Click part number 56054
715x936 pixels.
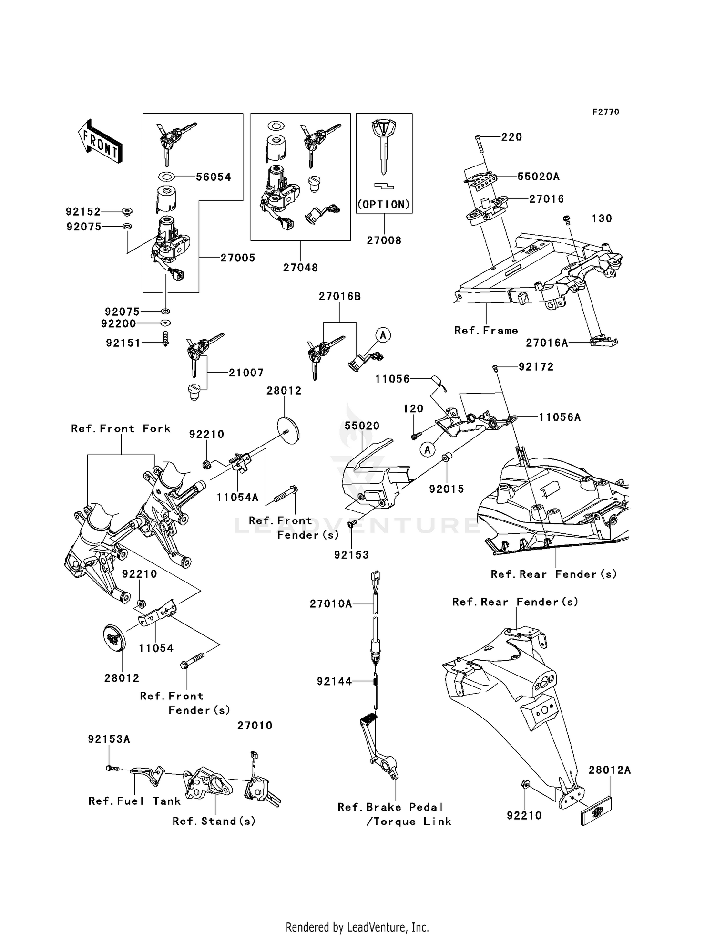[x=214, y=177]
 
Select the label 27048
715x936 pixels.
[x=300, y=268]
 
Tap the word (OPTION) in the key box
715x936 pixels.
[x=384, y=205]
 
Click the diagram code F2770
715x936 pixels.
[x=605, y=112]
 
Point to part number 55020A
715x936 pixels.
[x=538, y=177]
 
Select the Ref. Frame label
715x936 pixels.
[x=486, y=331]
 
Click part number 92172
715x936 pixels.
[x=536, y=367]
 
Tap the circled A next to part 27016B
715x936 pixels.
[x=383, y=335]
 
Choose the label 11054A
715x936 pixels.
[x=237, y=498]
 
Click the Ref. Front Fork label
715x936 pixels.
[x=121, y=429]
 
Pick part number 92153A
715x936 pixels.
[x=109, y=739]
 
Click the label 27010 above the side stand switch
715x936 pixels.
[x=255, y=726]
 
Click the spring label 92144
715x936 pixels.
[x=334, y=682]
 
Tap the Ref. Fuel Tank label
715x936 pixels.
[x=134, y=801]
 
